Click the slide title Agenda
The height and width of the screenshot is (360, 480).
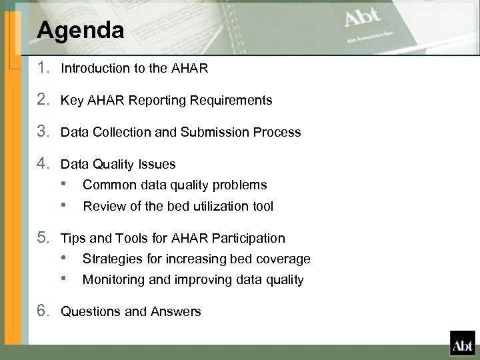coord(81,30)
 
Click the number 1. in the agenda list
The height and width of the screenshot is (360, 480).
coord(45,67)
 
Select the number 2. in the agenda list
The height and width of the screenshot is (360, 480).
coord(45,100)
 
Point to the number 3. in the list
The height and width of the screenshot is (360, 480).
coord(45,132)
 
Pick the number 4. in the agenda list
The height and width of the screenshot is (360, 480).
coord(45,164)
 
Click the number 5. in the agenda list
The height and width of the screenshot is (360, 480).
coord(45,238)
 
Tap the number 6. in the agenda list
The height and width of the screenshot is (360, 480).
coord(45,311)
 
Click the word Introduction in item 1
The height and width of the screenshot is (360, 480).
coord(93,68)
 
